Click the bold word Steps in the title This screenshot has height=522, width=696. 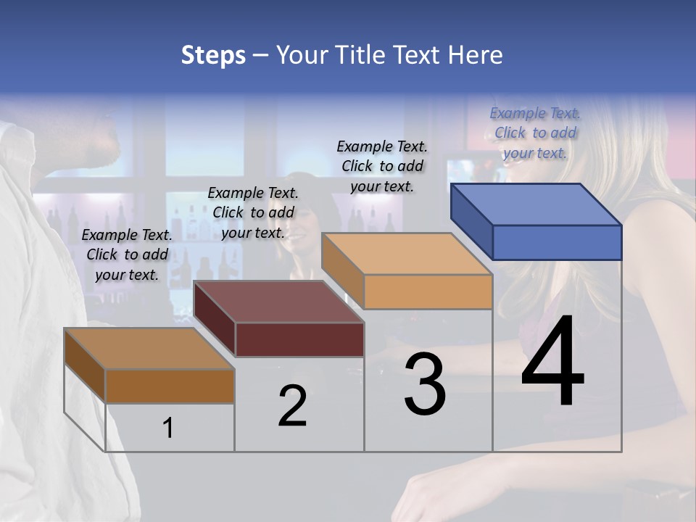(x=213, y=55)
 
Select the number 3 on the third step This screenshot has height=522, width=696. (x=425, y=384)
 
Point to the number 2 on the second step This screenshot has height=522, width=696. (x=292, y=406)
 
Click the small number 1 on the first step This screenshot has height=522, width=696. (x=168, y=428)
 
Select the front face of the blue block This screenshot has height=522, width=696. (x=557, y=242)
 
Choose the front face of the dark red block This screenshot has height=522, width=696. (x=299, y=339)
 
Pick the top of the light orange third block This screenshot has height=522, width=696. (x=406, y=254)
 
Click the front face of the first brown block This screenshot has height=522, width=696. (x=170, y=386)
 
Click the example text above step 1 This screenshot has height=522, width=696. (x=127, y=254)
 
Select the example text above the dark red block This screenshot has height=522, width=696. (x=253, y=212)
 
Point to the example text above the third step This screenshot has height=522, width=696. (x=382, y=166)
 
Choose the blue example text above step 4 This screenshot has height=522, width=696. (x=535, y=133)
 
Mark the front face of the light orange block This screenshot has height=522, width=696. (x=428, y=292)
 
